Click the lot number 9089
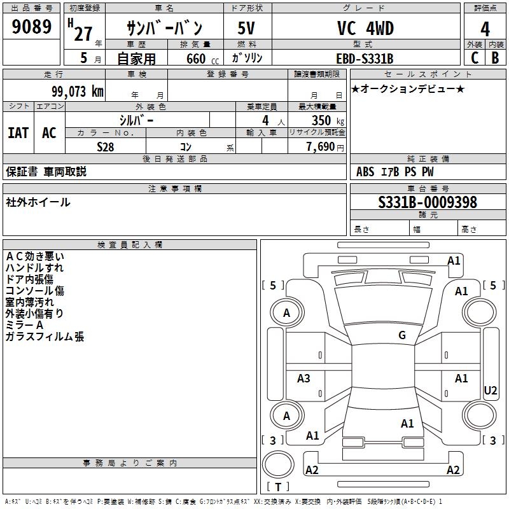tap(32, 27)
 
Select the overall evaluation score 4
tap(485, 29)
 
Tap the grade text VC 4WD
tap(365, 29)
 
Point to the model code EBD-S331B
tap(365, 59)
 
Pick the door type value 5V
tap(248, 29)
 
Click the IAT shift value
tap(18, 133)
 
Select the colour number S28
tap(106, 146)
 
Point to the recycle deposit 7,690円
tap(324, 147)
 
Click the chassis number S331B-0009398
tap(427, 202)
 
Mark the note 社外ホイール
tap(38, 202)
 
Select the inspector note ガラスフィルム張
tap(45, 337)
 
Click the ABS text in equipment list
tap(365, 172)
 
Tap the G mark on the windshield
tap(401, 335)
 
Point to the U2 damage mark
tap(491, 390)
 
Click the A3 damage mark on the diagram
tap(303, 379)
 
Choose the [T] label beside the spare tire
tap(277, 487)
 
